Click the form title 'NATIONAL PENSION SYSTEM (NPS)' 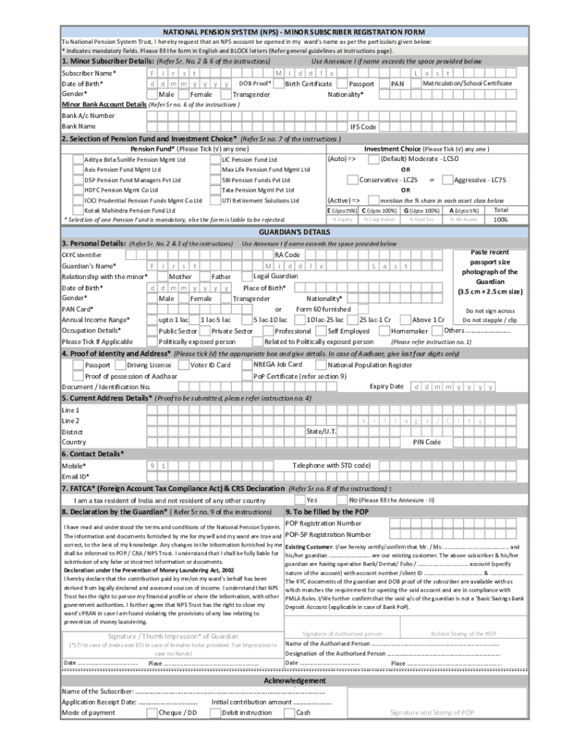tap(212, 33)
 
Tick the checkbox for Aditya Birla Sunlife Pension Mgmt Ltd tap(77, 159)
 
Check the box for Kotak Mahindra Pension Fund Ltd tap(77, 210)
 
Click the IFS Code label tap(364, 127)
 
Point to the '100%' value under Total tap(501, 219)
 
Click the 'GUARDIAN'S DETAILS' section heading tap(280, 231)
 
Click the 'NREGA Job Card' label tap(278, 364)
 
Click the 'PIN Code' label tap(426, 442)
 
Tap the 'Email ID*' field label tap(75, 476)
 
